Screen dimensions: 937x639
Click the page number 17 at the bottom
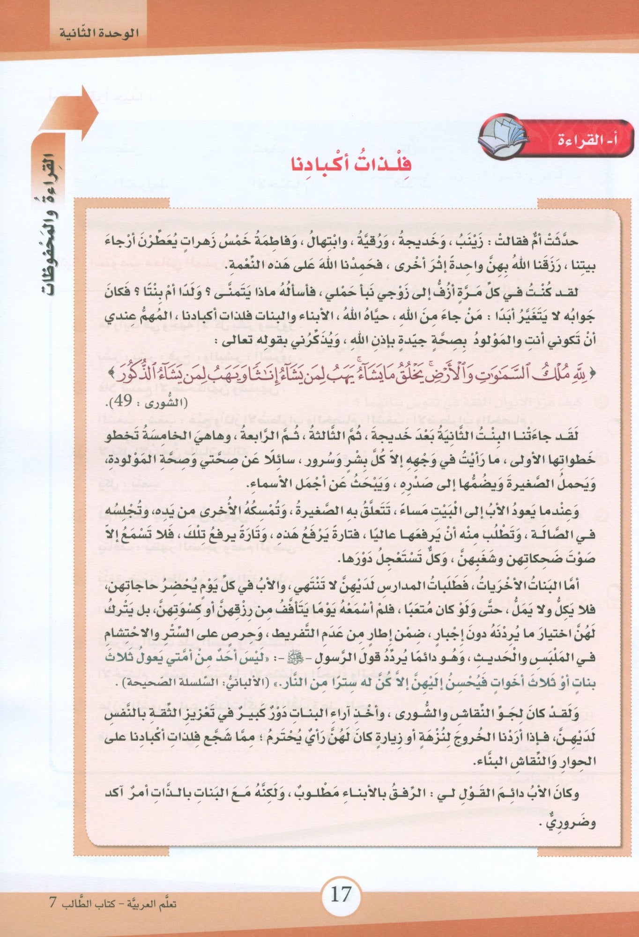(x=340, y=895)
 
